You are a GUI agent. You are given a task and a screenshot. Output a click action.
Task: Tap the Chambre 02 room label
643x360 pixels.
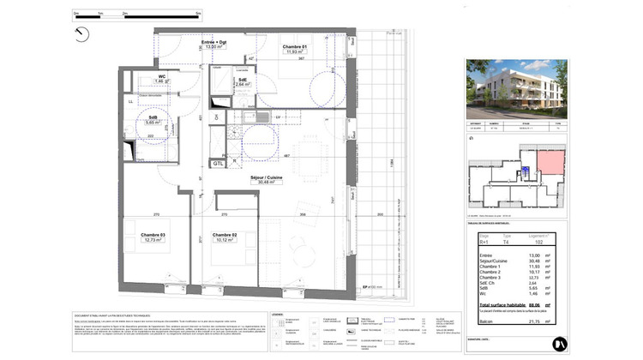tap(225, 235)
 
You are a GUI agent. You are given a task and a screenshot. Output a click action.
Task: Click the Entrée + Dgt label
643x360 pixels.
tap(214, 42)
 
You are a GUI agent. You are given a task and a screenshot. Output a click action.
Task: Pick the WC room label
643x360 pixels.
tap(160, 76)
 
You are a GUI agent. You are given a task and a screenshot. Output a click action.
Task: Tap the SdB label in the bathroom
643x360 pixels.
tap(153, 117)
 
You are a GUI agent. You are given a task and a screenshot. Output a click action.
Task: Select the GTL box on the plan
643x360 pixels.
tap(219, 161)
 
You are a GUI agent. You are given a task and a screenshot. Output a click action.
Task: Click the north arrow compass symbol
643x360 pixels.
tap(81, 33)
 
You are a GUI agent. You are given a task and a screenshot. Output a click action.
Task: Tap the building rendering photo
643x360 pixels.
tap(514, 89)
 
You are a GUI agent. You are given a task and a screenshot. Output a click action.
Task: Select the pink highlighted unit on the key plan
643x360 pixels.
tap(547, 164)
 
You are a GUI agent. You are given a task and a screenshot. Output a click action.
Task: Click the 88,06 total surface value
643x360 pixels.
tap(536, 303)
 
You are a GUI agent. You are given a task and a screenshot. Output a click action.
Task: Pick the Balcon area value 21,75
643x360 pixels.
tap(536, 321)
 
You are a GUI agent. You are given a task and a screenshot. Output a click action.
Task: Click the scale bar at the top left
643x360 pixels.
tap(137, 15)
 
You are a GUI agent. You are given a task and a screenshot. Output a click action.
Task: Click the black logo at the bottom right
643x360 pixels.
tap(558, 341)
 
